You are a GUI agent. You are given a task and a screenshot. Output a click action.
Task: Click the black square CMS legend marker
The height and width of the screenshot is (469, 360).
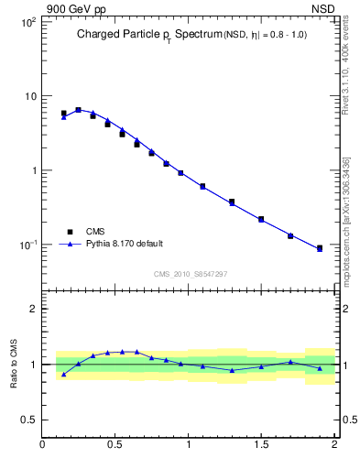67,232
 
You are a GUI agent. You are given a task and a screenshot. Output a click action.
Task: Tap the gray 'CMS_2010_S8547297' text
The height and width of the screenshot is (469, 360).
190,274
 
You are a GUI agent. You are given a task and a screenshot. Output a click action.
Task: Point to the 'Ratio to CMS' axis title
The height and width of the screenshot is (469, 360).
14,364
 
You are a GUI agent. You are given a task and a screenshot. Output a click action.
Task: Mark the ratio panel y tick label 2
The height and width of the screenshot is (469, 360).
32,309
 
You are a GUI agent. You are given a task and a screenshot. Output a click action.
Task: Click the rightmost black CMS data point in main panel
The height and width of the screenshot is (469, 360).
320,248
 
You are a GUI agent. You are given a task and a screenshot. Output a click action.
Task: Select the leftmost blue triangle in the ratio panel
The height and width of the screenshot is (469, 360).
63,374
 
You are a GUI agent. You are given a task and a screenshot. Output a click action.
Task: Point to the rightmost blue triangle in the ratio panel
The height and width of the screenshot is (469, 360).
320,368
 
